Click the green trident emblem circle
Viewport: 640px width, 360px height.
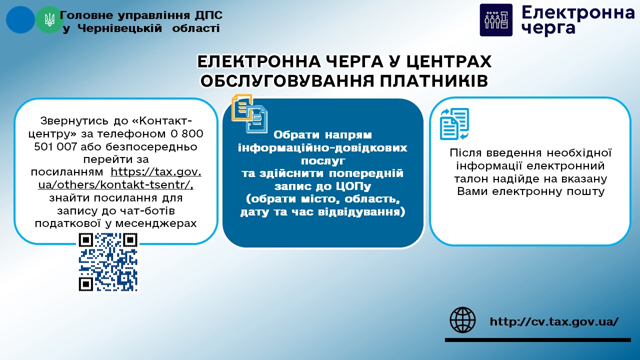click(x=49, y=20)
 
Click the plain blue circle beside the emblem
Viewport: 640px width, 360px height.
click(x=20, y=20)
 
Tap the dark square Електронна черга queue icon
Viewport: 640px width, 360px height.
click(x=496, y=20)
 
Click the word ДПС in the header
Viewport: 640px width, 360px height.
click(x=208, y=15)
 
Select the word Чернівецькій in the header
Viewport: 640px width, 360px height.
click(x=119, y=28)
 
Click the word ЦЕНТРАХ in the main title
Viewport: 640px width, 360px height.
click(x=449, y=61)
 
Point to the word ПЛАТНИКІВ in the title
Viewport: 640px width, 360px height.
click(x=433, y=81)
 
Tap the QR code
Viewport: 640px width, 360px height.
click(x=108, y=262)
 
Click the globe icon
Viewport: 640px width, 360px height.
click(x=462, y=320)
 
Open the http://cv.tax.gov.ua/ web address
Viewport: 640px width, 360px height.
click(x=554, y=321)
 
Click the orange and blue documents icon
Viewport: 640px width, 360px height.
click(x=249, y=113)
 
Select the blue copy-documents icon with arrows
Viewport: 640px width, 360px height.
click(x=454, y=123)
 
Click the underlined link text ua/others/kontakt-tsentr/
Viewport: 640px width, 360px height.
click(x=115, y=185)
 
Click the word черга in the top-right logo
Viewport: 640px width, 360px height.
click(x=548, y=28)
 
